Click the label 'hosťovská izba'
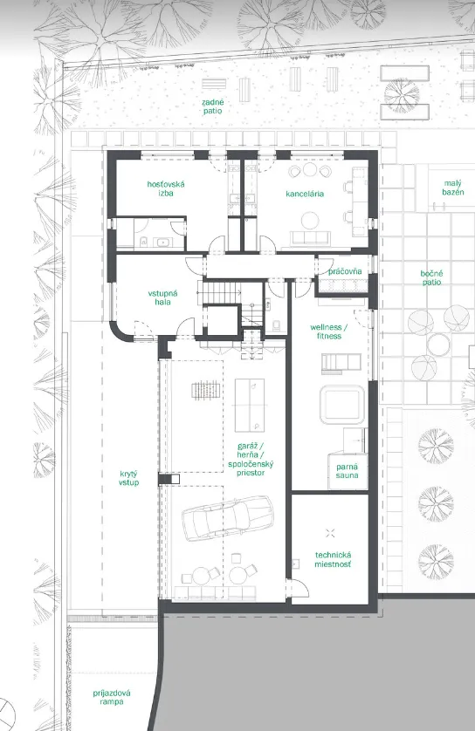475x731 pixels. (166, 188)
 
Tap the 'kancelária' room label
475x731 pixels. (305, 194)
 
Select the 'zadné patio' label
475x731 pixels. (213, 106)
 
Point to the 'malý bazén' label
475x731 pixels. (452, 188)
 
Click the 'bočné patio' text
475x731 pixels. (431, 278)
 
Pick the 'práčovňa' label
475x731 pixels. (345, 271)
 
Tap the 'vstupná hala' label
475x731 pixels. (162, 297)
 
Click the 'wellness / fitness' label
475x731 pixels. (329, 331)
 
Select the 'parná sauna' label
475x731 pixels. (348, 471)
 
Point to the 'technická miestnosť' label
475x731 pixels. (333, 559)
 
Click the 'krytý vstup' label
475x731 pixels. (128, 478)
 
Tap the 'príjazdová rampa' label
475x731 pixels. (112, 697)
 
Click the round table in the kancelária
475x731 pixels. (310, 220)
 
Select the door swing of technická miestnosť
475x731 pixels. (301, 587)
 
